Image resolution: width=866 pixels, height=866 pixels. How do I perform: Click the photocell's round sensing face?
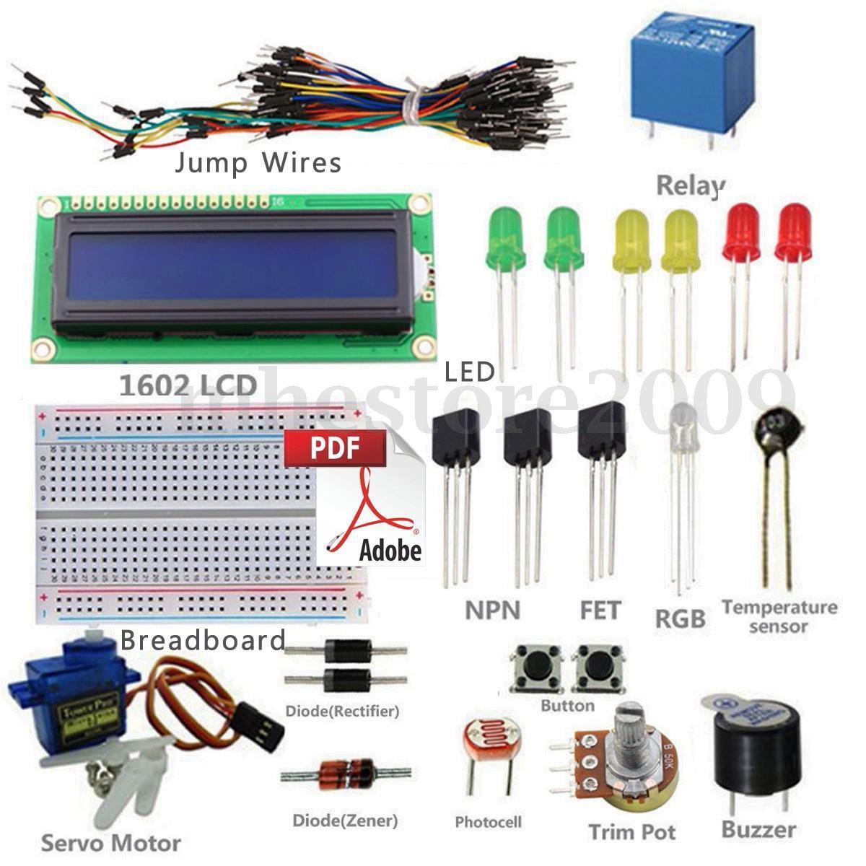(484, 744)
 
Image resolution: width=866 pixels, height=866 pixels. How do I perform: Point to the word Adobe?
(390, 550)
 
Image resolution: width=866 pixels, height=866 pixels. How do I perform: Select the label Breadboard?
(203, 640)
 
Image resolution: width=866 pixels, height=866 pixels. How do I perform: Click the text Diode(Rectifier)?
(342, 711)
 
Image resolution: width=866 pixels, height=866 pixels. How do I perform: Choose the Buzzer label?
(758, 830)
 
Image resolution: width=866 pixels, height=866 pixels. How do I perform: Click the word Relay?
(689, 185)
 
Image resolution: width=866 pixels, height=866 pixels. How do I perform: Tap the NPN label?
(492, 611)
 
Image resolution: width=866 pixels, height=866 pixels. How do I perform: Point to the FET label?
(600, 611)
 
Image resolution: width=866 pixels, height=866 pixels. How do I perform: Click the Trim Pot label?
(632, 831)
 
